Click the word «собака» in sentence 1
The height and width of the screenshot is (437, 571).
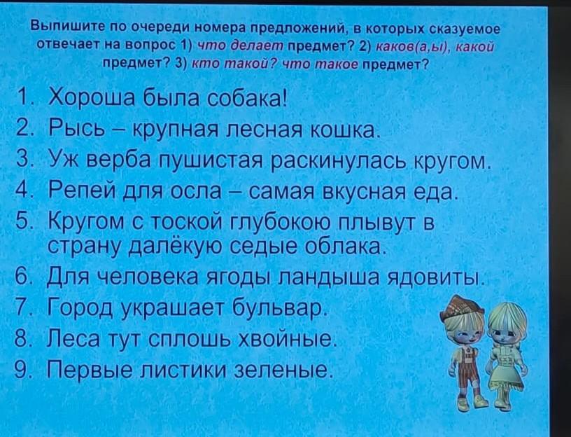pyautogui.click(x=245, y=98)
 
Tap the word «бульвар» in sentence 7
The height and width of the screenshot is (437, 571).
pyautogui.click(x=277, y=307)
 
